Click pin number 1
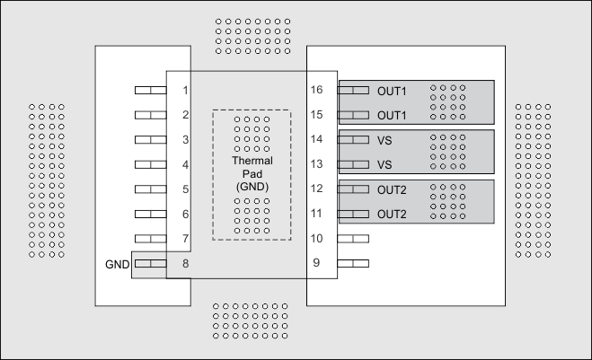click(x=184, y=91)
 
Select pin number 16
click(x=316, y=91)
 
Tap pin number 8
click(x=184, y=264)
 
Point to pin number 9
click(x=316, y=264)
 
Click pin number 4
click(x=184, y=165)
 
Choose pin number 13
click(x=316, y=165)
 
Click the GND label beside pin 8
click(x=117, y=264)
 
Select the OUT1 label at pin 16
click(x=392, y=91)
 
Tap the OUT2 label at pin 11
click(x=392, y=215)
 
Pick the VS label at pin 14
click(x=384, y=140)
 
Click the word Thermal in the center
click(x=252, y=161)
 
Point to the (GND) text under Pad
click(x=252, y=185)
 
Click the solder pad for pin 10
click(x=354, y=239)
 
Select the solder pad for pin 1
click(x=150, y=91)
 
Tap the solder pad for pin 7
click(x=150, y=239)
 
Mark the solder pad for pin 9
click(x=354, y=264)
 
